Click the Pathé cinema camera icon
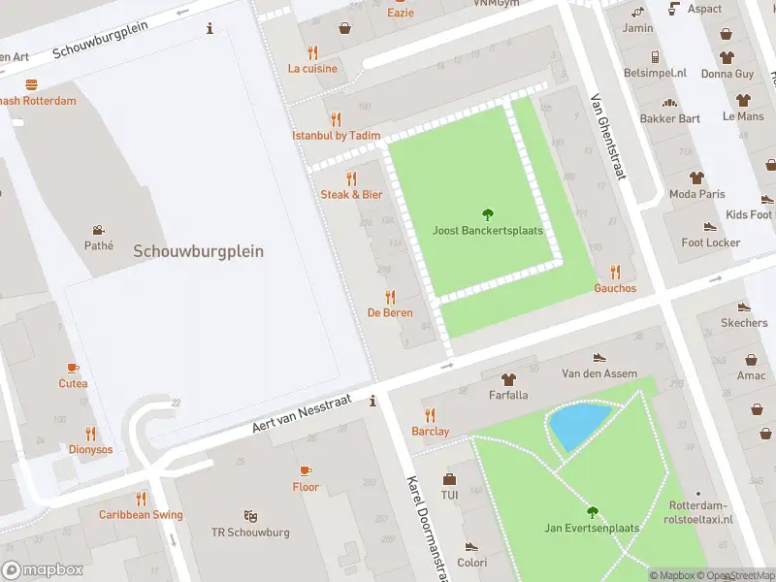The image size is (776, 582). (x=98, y=230)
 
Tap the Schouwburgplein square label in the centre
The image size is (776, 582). (x=198, y=250)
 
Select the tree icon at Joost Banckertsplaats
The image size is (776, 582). (x=487, y=214)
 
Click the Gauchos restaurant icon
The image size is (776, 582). (x=615, y=272)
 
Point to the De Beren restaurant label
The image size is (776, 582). (x=390, y=312)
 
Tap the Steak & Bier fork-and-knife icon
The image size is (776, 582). (x=351, y=178)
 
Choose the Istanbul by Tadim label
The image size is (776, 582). (x=336, y=136)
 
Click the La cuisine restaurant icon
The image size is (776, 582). (x=312, y=52)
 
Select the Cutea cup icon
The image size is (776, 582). (x=73, y=367)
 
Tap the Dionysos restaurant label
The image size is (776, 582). (x=90, y=449)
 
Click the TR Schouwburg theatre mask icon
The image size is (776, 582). (x=250, y=516)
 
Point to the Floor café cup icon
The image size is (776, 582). (x=306, y=470)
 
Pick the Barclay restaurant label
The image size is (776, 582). (x=430, y=431)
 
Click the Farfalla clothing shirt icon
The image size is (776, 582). (x=508, y=378)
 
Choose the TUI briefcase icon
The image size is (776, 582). (x=449, y=478)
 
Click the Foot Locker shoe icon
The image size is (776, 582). (x=711, y=226)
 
